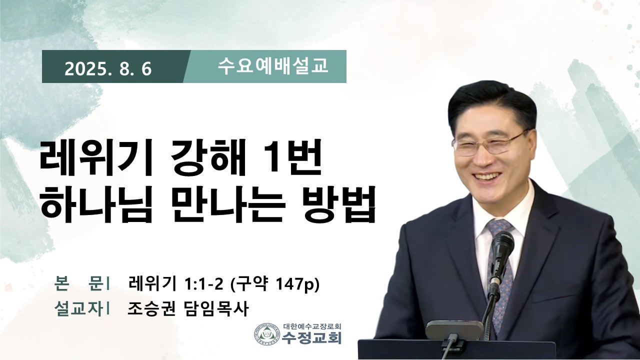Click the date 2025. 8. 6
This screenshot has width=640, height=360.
tap(108, 69)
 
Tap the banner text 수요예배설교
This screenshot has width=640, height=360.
tap(273, 66)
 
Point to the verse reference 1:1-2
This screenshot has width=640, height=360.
tap(204, 284)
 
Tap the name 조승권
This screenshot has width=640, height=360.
tap(151, 308)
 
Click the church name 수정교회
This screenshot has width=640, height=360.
tap(311, 338)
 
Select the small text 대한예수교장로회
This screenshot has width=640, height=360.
tap(312, 326)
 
